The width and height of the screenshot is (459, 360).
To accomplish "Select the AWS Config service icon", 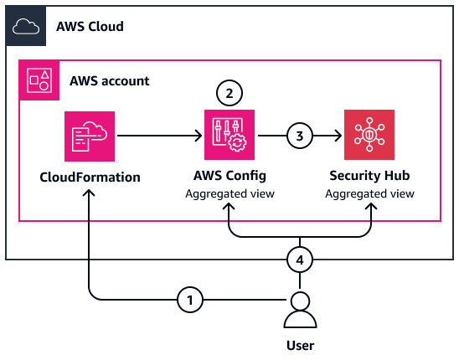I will [x=229, y=134].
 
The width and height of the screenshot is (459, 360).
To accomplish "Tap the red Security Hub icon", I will [x=369, y=134].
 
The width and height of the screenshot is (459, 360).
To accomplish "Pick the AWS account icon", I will [x=39, y=80].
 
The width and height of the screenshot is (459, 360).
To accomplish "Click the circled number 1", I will [x=191, y=298].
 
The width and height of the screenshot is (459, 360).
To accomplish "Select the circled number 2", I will [x=229, y=91].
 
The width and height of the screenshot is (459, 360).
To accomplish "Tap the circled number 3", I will [x=300, y=134].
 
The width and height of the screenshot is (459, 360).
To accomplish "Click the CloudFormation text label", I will [x=90, y=177].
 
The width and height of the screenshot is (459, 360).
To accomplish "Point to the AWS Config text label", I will [x=229, y=177].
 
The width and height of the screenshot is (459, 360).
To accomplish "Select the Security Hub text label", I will [x=369, y=177].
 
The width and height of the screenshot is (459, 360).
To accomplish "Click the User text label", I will [x=300, y=345].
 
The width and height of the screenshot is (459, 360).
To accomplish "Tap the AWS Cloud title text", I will [x=90, y=27].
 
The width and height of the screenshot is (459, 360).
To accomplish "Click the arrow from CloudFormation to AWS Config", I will [x=159, y=134].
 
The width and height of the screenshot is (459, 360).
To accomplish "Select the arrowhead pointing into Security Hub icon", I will [x=337, y=134].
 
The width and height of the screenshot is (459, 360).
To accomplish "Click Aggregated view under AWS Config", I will [x=229, y=193].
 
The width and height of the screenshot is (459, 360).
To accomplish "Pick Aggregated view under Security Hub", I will [x=369, y=193].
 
